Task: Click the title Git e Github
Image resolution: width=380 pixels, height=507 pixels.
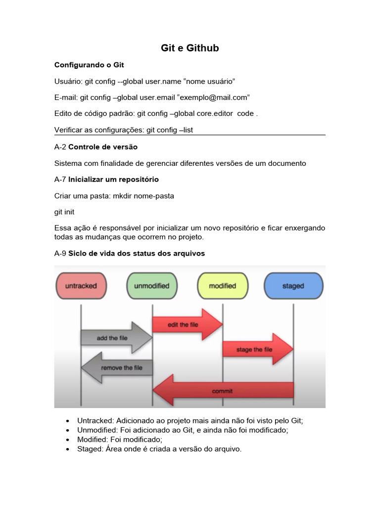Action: [x=190, y=48]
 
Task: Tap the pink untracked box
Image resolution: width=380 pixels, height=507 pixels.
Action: [x=81, y=286]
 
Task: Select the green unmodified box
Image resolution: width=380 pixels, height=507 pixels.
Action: [x=151, y=286]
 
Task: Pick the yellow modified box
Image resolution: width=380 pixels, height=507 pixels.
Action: [x=223, y=286]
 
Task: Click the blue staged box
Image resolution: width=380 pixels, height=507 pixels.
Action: [x=293, y=286]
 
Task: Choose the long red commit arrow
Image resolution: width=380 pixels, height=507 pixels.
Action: [x=223, y=391]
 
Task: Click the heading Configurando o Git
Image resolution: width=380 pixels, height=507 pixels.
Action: [x=89, y=65]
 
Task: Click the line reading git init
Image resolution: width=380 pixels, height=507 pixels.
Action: [x=64, y=211]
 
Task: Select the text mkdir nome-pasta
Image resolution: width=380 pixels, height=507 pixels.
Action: [x=143, y=196]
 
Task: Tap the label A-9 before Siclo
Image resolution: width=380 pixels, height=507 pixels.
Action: [x=60, y=253]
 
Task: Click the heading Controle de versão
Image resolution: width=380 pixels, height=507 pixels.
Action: [x=103, y=147]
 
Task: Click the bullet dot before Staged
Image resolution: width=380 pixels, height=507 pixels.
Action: [x=67, y=449]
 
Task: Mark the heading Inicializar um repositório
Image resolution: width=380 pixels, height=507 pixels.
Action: [x=113, y=179]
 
